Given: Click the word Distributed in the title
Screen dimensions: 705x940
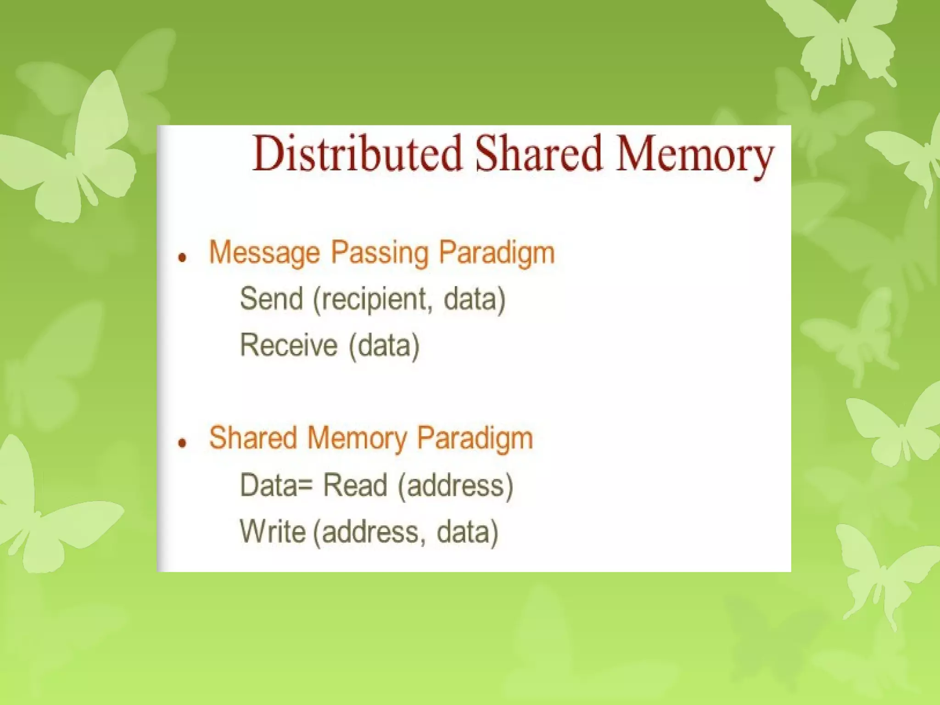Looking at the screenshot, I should [357, 154].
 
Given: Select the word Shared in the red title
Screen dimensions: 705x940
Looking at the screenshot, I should [538, 154].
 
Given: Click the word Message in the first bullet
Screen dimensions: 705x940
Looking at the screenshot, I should [264, 253].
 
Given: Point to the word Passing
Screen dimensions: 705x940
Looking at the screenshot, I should [380, 253].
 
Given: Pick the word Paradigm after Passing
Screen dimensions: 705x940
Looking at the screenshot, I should [497, 253].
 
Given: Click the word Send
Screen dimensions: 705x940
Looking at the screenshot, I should [271, 299].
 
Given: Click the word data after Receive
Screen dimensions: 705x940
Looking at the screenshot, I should [384, 346].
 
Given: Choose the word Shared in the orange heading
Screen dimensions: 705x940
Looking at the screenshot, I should [253, 437].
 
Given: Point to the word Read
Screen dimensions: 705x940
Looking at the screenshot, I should [355, 485].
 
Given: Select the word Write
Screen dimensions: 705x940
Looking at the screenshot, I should [273, 532].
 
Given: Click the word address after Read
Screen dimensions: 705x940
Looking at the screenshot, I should [455, 486].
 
